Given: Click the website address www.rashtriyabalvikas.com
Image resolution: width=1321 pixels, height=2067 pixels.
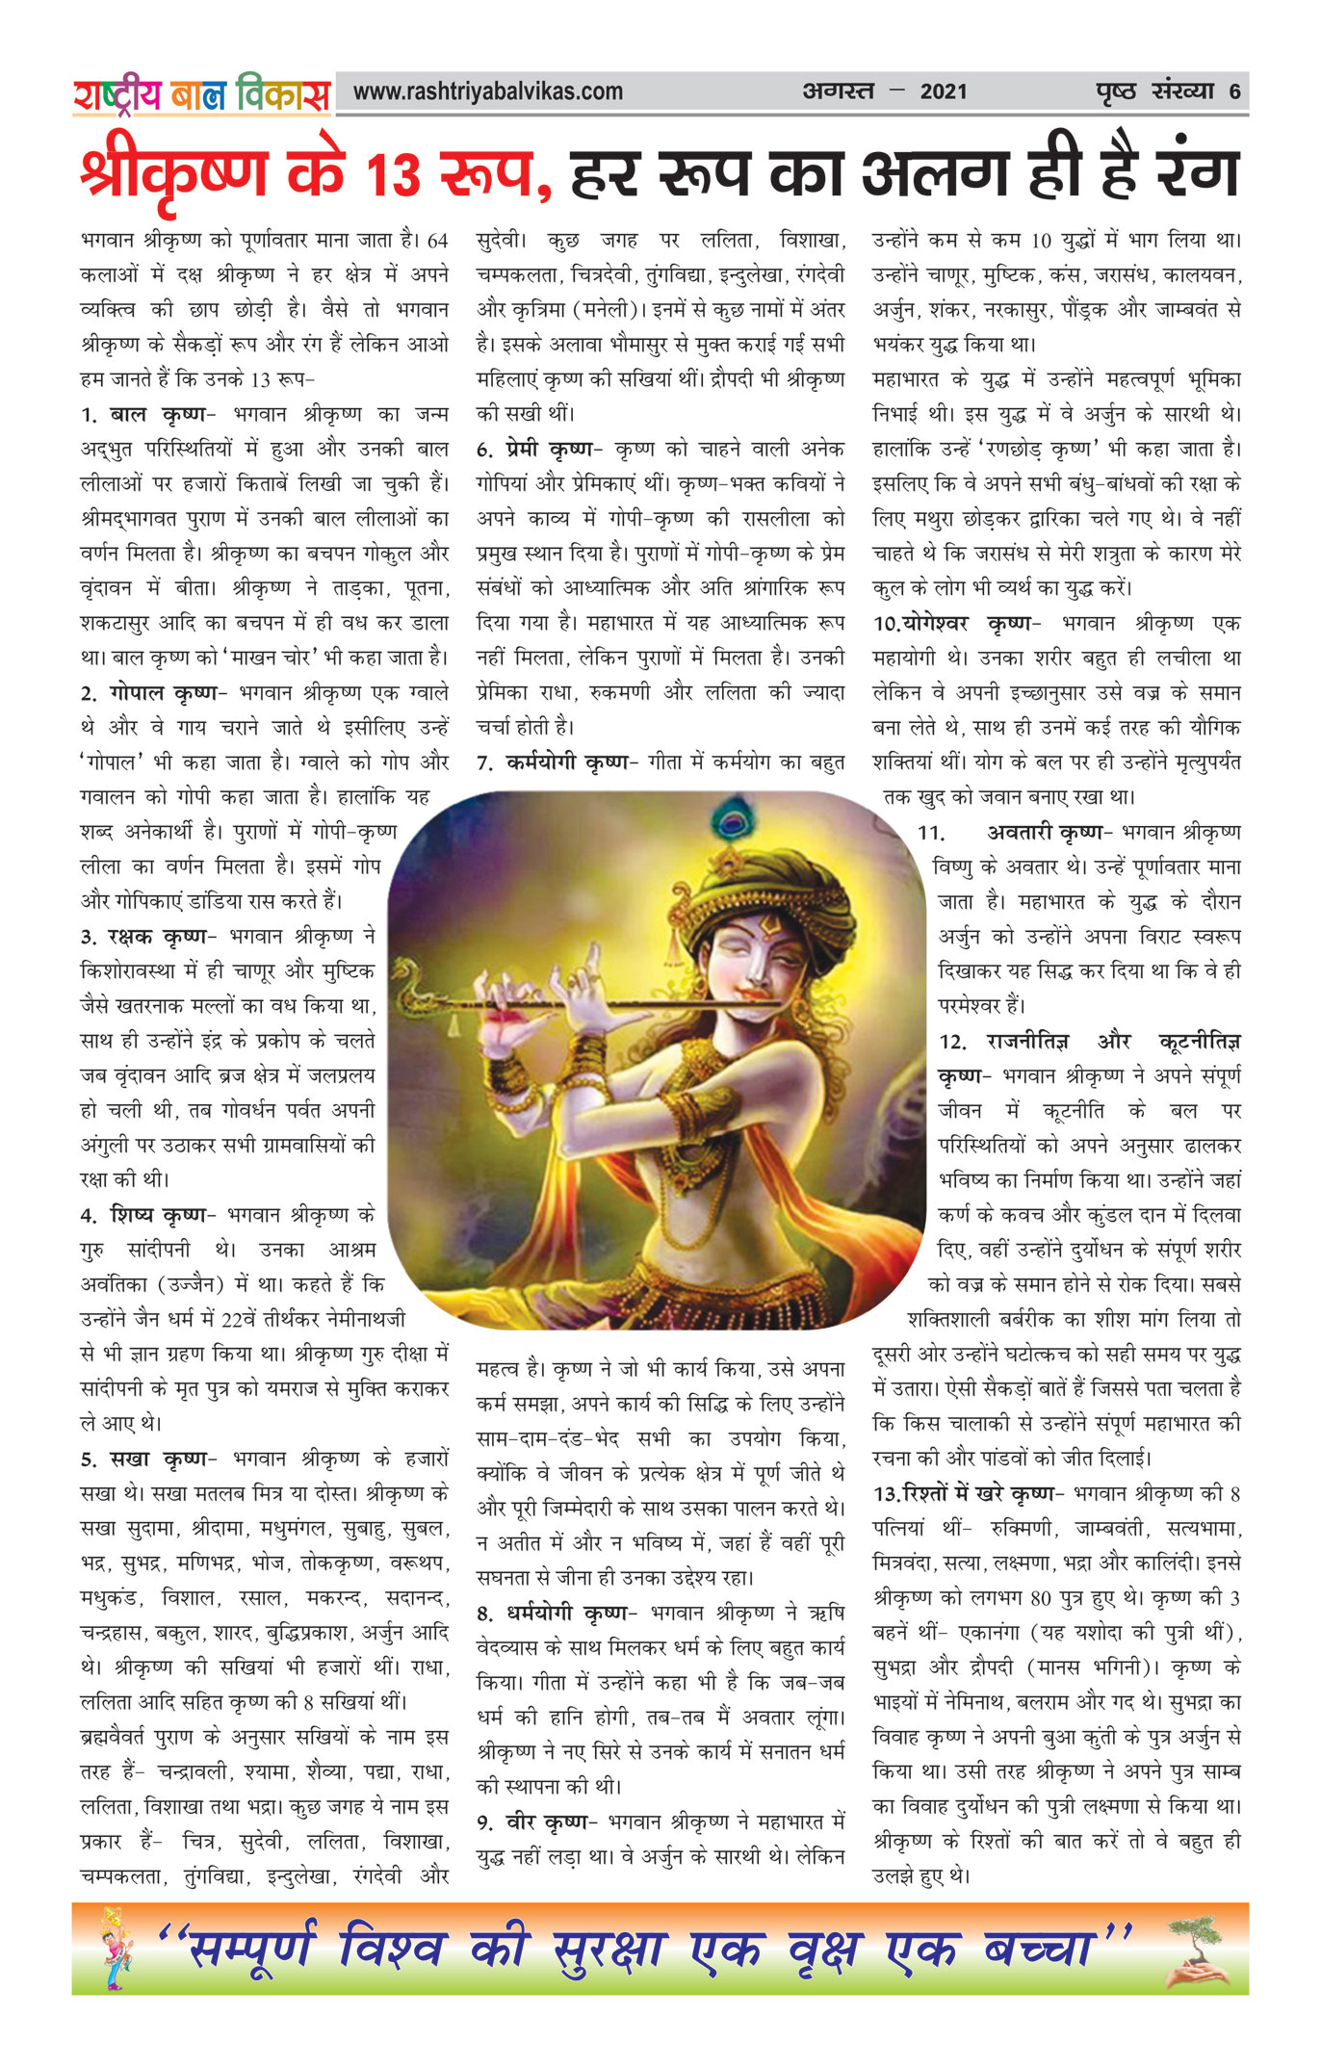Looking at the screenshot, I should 488,92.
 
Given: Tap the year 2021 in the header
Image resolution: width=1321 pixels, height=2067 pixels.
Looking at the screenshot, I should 943,92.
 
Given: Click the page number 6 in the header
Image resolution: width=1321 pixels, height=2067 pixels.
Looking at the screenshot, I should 1234,92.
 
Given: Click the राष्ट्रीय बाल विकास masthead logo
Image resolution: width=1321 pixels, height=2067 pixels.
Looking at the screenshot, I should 201,94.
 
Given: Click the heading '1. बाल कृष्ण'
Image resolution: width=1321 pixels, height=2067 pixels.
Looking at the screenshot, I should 143,415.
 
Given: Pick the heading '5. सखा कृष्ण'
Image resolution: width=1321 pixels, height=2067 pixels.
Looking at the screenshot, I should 144,1460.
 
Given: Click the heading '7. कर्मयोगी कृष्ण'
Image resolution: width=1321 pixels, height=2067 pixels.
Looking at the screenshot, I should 557,763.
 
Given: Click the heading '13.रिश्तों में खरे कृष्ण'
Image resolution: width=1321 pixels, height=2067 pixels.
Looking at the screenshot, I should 969,1494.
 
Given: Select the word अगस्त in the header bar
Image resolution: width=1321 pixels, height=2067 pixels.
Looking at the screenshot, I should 838,92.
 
